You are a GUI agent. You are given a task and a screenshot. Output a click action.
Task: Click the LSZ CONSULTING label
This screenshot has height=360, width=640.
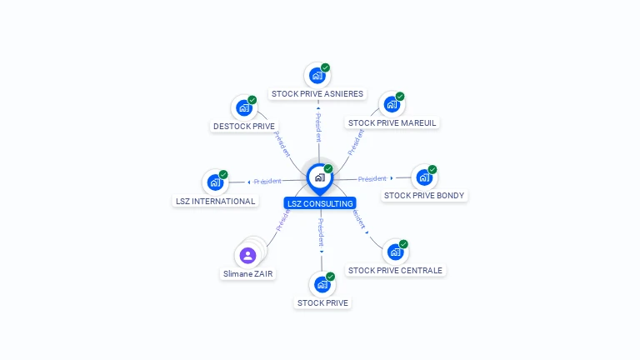[320, 203]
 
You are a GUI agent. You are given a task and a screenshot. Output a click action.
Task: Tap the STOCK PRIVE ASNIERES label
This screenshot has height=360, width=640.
[317, 94]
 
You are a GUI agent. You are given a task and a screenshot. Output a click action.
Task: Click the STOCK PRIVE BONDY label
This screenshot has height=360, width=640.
[424, 196]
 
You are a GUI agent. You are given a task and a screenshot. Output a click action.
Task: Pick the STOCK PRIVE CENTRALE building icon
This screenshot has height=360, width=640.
[394, 252]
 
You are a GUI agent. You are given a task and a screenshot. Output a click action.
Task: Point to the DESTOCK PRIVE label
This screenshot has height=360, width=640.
[244, 127]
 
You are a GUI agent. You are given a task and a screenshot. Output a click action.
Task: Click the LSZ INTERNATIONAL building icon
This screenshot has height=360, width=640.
[215, 182]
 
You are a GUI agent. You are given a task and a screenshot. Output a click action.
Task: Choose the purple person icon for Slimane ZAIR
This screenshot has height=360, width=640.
[247, 255]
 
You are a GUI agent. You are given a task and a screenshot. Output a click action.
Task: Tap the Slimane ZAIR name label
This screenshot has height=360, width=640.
[248, 273]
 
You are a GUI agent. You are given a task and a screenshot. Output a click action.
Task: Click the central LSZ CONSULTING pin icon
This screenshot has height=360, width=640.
[319, 177]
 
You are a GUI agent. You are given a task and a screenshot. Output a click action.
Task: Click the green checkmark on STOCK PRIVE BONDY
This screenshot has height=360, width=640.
[432, 169]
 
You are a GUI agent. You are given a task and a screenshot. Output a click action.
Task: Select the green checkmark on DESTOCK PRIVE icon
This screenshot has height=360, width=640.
[252, 100]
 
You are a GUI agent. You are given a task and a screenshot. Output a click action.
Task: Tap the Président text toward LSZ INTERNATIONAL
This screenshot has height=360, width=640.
[267, 181]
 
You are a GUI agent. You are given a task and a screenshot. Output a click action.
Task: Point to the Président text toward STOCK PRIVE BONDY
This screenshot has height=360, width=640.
[372, 178]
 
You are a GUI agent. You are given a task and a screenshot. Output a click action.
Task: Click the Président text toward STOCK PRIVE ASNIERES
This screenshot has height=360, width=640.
[318, 127]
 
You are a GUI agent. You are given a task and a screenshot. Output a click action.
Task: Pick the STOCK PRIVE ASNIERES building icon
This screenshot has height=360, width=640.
[317, 76]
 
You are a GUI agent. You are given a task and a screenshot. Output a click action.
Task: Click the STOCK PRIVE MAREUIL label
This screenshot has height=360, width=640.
[392, 123]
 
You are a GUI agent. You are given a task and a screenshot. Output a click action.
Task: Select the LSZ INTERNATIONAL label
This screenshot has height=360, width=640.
[216, 202]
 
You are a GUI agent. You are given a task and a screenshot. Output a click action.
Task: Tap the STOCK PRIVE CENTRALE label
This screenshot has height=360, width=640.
[395, 270]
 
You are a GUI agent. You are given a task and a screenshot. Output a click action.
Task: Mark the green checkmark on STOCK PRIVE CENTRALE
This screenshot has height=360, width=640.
[403, 244]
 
